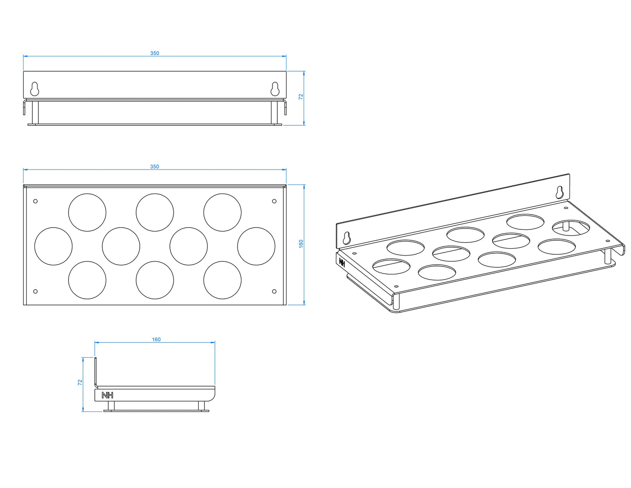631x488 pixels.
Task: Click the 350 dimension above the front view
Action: point(155,53)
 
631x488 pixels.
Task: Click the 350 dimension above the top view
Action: point(155,166)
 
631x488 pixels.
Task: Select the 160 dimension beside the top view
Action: point(301,243)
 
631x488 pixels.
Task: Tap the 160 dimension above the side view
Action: point(156,339)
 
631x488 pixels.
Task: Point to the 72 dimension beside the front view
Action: point(301,97)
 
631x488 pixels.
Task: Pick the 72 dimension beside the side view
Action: point(80,383)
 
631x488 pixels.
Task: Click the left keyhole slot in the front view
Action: point(34,89)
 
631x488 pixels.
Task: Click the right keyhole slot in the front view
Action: point(275,89)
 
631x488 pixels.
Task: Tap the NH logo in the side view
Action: point(107,395)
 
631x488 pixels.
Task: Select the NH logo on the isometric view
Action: point(342,262)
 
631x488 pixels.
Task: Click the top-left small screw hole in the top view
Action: point(35,201)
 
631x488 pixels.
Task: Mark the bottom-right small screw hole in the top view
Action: point(274,291)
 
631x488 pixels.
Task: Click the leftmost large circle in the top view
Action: point(53,246)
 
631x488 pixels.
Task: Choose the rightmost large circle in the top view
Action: point(256,246)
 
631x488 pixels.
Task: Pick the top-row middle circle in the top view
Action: point(155,212)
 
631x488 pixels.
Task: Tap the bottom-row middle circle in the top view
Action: point(155,280)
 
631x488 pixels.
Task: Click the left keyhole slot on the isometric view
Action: point(347,238)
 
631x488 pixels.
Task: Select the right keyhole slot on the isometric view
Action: point(559,193)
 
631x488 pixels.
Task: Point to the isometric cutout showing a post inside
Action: point(571,228)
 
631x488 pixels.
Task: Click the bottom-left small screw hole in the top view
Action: point(35,291)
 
